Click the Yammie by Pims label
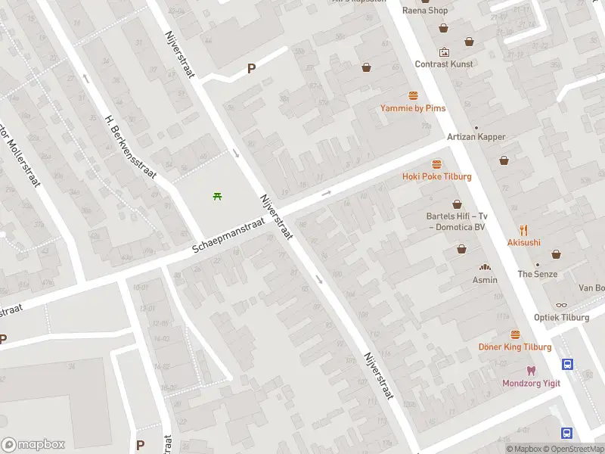(413, 108)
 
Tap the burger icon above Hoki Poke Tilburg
(436, 163)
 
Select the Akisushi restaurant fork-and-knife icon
(523, 230)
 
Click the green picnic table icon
(218, 197)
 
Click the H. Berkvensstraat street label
(130, 146)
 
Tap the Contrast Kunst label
(444, 64)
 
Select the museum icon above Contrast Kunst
(444, 52)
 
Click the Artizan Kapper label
(476, 137)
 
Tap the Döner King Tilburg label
(515, 347)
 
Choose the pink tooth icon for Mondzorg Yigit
(532, 371)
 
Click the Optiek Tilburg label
(561, 317)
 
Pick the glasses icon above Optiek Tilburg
(561, 305)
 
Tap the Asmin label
(485, 280)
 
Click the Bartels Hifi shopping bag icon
(457, 204)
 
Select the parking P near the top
(252, 69)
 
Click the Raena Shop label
(426, 11)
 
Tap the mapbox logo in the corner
(33, 445)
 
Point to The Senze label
(537, 274)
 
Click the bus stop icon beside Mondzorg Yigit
(568, 364)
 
